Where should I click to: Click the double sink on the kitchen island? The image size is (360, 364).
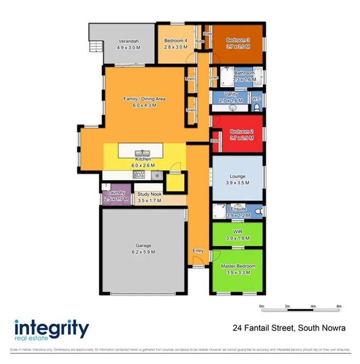pyautogui.click(x=144, y=152)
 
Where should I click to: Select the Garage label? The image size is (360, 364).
pyautogui.click(x=143, y=245)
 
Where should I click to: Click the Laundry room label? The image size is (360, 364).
pyautogui.click(x=116, y=193)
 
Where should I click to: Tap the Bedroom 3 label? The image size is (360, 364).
pyautogui.click(x=238, y=40)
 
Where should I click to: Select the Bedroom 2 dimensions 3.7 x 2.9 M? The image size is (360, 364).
pyautogui.click(x=238, y=138)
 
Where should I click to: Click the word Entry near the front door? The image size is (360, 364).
pyautogui.click(x=198, y=251)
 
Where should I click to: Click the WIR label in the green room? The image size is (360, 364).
pyautogui.click(x=237, y=231)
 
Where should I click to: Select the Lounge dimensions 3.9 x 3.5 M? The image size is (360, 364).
pyautogui.click(x=237, y=182)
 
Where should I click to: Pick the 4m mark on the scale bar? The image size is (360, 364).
pyautogui.click(x=313, y=307)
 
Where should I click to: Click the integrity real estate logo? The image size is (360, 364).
pyautogui.click(x=51, y=330)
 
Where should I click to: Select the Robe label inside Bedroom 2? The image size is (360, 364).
pyautogui.click(x=215, y=141)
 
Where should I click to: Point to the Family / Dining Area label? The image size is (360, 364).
pyautogui.click(x=144, y=99)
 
